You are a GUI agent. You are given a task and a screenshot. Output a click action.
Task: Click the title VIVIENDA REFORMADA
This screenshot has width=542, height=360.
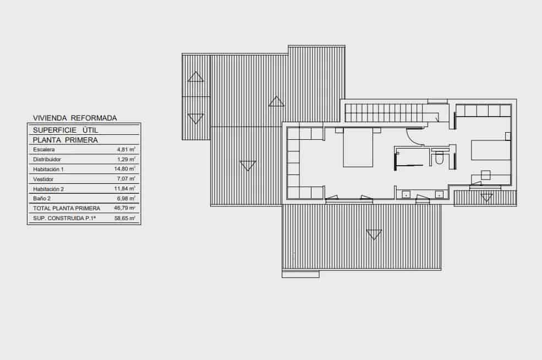75,118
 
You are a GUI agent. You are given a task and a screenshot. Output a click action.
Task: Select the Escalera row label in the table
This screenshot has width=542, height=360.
43,149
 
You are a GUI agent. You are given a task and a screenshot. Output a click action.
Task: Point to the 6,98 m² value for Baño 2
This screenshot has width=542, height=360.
126,198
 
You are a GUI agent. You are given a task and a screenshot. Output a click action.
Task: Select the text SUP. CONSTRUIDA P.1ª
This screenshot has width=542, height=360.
64,219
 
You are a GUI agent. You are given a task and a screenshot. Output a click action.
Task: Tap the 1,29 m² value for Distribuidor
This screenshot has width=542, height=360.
126,159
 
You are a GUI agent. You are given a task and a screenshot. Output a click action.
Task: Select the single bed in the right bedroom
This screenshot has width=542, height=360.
490,150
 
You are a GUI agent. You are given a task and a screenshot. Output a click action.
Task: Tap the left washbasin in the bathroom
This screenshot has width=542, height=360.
406,194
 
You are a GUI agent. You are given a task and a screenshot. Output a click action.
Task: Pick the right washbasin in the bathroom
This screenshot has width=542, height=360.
439,194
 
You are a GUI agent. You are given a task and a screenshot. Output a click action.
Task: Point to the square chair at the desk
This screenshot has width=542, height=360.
485,175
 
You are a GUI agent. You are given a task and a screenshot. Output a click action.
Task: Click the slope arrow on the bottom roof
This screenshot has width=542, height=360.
374,235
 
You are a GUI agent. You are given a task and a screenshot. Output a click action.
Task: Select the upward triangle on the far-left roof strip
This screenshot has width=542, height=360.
195,77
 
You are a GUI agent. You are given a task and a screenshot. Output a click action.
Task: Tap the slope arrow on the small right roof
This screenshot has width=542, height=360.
486,198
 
